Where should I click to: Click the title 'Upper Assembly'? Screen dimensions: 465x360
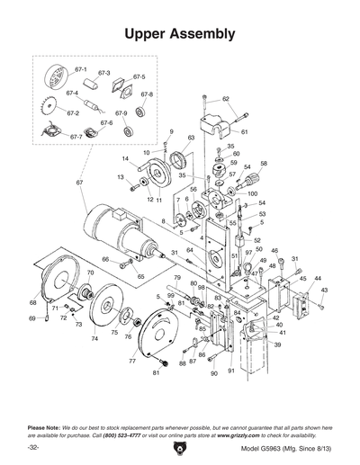point(180,33)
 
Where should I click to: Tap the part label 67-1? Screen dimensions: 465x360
point(80,68)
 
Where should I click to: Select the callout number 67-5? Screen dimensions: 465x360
point(139,77)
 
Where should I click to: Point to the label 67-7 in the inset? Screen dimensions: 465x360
point(76,137)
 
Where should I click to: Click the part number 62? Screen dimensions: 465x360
point(226,99)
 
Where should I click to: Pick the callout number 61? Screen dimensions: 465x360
point(244,131)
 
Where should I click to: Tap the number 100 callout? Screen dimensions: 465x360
point(252,193)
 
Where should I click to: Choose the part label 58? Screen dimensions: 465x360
point(264,164)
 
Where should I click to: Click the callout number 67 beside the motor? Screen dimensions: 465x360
point(79,183)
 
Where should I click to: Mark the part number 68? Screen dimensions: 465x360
point(34,302)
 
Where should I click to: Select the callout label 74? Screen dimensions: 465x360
point(94,339)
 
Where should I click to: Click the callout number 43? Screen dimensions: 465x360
point(324,291)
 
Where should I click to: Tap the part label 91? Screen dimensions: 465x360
point(231,371)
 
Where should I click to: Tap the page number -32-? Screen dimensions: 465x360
point(33,447)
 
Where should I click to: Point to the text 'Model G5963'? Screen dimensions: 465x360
point(262,448)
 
